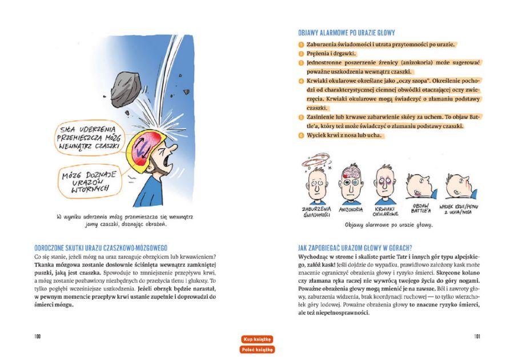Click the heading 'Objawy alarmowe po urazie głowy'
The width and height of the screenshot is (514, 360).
point(346,33)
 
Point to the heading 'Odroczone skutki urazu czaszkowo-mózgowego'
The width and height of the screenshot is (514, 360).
point(100,247)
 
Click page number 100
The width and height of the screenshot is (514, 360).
point(37,337)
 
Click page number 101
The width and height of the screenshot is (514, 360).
point(476,337)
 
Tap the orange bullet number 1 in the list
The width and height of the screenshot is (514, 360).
point(301,44)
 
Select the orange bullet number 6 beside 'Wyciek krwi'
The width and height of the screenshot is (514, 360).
point(301,135)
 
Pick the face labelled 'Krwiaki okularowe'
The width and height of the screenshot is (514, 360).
point(384,183)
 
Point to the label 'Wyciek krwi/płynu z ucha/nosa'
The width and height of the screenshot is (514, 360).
point(457,207)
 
